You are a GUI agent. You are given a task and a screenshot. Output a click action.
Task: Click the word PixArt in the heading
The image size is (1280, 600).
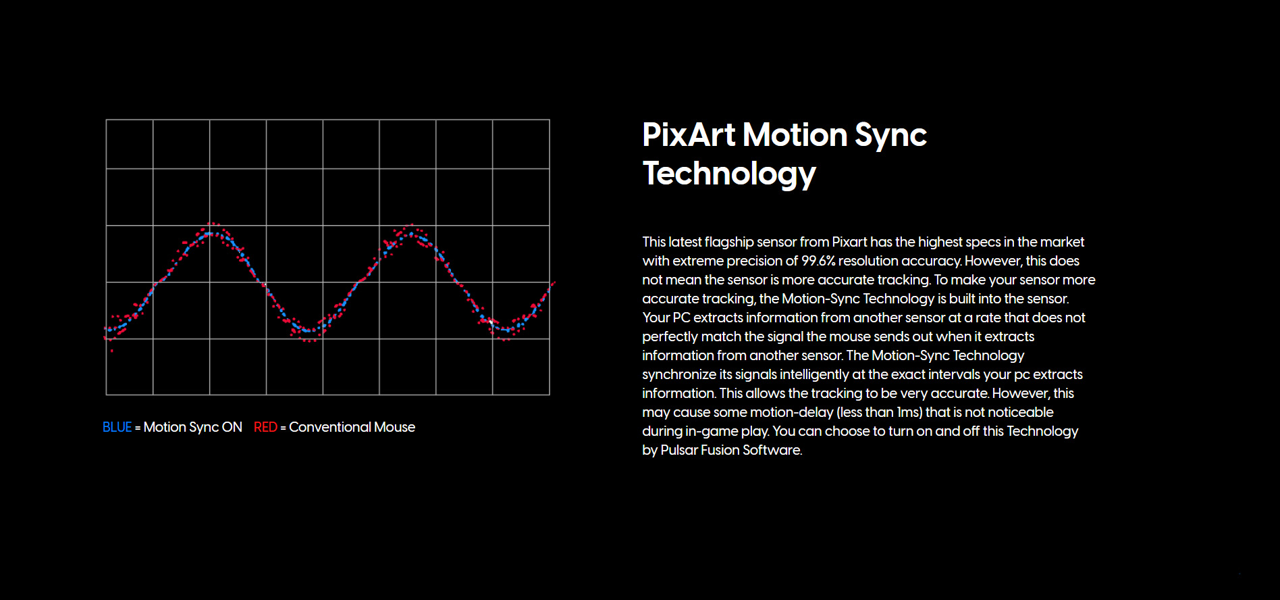[689, 134]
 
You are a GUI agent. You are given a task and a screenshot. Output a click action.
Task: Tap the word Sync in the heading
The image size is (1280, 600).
[890, 136]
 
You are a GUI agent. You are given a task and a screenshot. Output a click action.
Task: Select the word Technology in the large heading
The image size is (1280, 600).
[729, 174]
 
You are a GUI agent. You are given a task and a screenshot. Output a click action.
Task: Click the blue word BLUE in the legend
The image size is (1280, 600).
[117, 427]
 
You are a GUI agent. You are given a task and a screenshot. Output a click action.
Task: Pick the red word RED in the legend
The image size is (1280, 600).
[265, 427]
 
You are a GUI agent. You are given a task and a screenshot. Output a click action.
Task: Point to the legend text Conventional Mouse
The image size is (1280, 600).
[352, 427]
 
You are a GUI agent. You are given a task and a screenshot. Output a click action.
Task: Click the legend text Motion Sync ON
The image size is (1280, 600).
[192, 427]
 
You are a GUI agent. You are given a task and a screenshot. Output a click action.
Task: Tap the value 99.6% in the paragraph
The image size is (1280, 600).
[818, 261]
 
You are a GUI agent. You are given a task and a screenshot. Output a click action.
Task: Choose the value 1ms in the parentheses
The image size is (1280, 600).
[909, 412]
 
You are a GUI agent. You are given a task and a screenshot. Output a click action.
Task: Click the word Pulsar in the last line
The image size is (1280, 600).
[679, 450]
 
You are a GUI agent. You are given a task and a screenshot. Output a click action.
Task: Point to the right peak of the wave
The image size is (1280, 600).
[411, 234]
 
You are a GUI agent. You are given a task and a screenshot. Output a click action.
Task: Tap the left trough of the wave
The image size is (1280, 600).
[309, 331]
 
